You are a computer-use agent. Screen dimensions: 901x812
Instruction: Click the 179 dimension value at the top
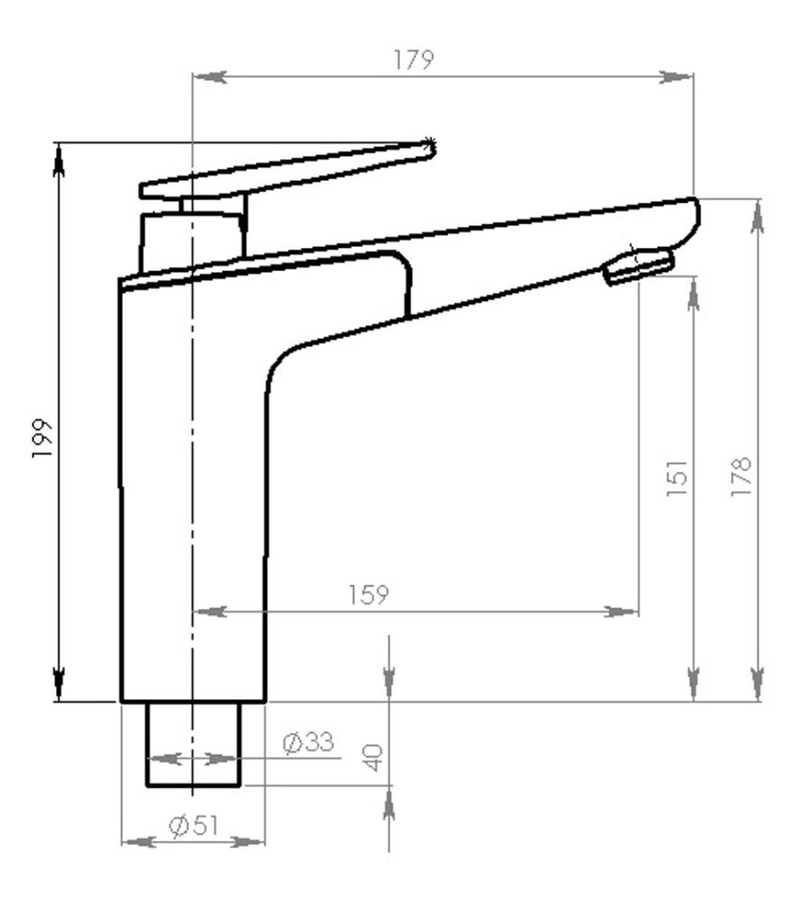pos(415,60)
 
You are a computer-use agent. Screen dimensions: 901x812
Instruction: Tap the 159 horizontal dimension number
pos(369,595)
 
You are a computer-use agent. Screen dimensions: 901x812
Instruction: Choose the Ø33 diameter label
pos(307,742)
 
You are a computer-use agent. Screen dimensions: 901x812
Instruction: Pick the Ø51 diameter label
pos(194,825)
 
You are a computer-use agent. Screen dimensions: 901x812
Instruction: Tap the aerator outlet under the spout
pos(639,268)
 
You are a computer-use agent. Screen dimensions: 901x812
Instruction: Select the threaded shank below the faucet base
pos(193,743)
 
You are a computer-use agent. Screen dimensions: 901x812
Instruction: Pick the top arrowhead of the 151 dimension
pos(693,295)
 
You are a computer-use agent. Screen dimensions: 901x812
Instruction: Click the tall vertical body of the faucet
pos(193,487)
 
